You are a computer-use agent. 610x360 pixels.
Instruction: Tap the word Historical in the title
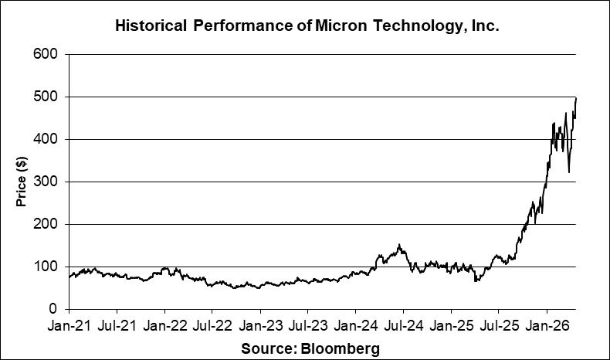(151, 25)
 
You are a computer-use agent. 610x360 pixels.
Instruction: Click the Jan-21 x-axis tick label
(69, 328)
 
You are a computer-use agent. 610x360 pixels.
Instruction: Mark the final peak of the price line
(576, 98)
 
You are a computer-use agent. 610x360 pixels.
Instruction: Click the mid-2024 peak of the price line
(399, 245)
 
